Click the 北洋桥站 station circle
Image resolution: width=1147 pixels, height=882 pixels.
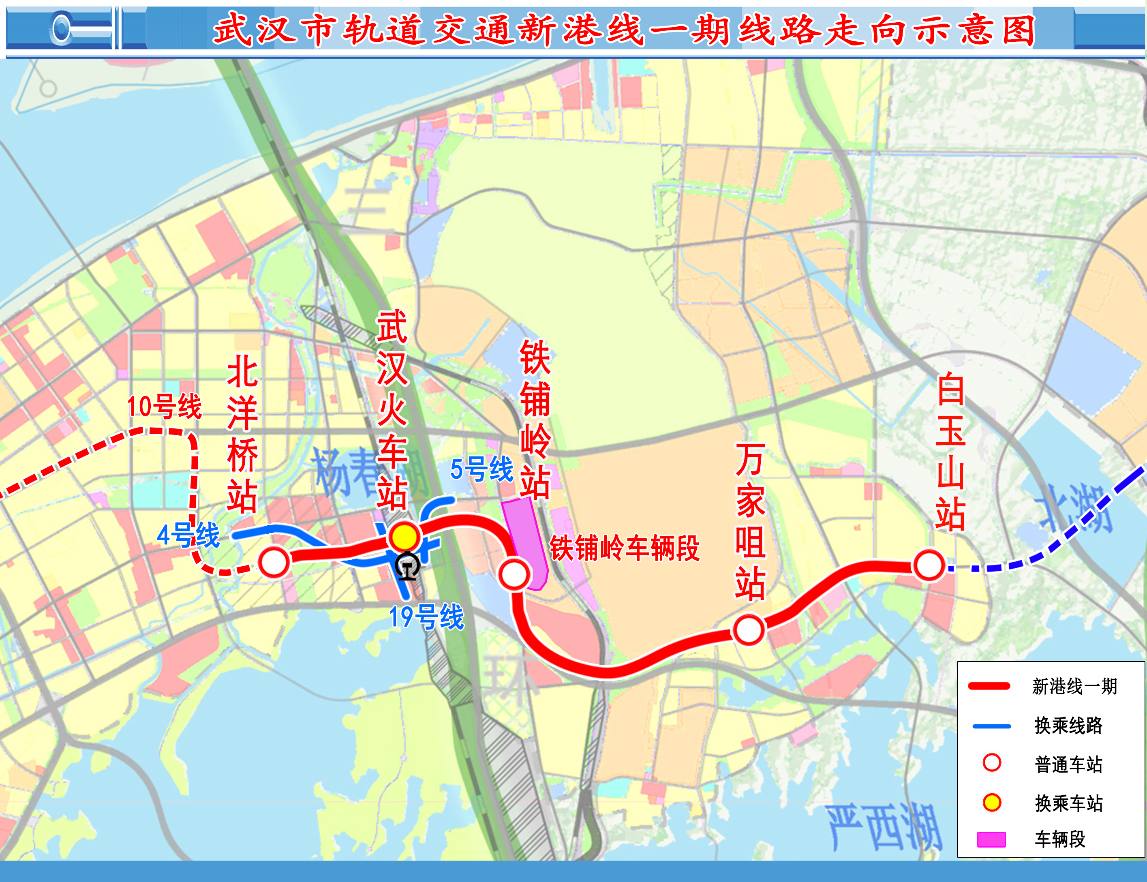click(x=274, y=562)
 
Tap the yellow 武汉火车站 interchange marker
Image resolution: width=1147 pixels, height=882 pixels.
click(x=404, y=537)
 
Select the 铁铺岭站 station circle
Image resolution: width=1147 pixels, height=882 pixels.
click(x=514, y=574)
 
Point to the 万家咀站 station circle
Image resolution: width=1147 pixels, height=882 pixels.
click(x=749, y=630)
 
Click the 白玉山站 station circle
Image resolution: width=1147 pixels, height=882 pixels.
click(x=929, y=566)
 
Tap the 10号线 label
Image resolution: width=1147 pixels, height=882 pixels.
click(x=164, y=407)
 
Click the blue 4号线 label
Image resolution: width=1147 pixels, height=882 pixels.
click(x=188, y=535)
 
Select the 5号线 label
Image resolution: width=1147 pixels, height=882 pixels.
click(x=481, y=469)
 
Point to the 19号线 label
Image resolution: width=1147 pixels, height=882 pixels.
click(x=426, y=617)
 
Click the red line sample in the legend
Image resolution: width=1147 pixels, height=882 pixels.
click(x=989, y=686)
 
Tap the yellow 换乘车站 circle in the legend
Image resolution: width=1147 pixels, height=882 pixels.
click(x=992, y=802)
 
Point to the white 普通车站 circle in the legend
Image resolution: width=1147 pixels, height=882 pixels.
click(x=992, y=763)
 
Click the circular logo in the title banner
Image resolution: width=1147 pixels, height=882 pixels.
click(x=62, y=28)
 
